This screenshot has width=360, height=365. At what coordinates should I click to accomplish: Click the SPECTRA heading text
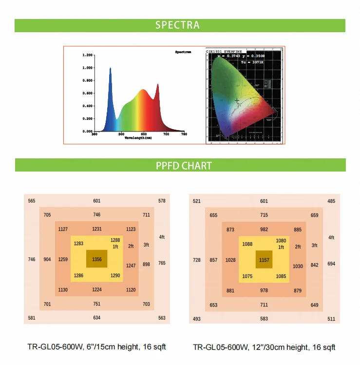coord(177,25)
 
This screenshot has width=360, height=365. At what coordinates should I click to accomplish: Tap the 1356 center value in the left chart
coord(97,259)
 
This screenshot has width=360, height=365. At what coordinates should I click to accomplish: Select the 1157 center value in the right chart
coord(264,260)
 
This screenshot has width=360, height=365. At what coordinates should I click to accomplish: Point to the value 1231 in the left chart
coord(97,229)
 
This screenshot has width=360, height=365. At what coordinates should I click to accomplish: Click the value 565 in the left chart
coord(32,201)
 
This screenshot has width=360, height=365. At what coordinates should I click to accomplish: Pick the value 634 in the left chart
coord(97,318)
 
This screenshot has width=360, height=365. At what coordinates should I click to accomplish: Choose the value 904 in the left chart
coord(47,259)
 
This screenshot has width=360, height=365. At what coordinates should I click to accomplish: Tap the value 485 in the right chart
coord(331,201)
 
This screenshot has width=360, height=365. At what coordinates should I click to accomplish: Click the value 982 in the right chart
coord(264,229)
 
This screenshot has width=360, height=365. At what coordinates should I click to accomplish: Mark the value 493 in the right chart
coord(197,319)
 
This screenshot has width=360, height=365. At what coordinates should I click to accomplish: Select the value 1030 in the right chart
coord(298,266)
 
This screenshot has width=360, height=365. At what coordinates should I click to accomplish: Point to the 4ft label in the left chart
coord(162,237)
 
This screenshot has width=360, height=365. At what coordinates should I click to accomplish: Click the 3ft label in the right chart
coord(314,245)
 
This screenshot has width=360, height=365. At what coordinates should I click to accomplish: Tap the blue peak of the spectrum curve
coord(110,69)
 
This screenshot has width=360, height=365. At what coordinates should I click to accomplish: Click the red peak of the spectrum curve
coord(157,85)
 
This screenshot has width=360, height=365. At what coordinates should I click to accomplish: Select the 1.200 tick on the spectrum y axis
coord(87,55)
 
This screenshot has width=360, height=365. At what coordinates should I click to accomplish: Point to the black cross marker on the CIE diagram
coord(237,101)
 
